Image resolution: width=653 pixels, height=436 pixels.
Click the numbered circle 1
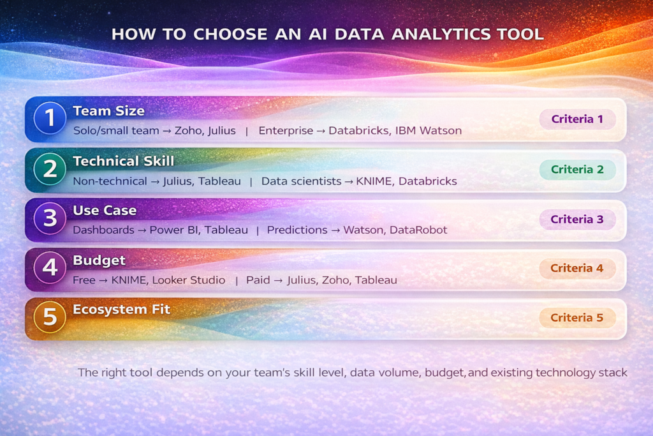(x=50, y=119)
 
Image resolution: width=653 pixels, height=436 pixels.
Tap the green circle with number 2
(x=50, y=169)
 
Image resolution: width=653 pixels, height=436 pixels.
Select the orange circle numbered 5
(x=50, y=318)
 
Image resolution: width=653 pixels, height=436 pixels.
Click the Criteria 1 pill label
(x=577, y=119)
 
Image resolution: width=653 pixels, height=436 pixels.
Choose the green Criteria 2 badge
(x=577, y=169)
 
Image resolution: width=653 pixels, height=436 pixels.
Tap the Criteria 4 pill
(x=577, y=268)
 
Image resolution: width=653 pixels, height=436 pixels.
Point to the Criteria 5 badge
(x=577, y=318)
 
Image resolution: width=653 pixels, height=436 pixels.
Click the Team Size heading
(x=108, y=111)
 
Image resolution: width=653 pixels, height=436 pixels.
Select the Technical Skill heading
(x=123, y=161)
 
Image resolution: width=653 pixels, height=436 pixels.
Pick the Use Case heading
(x=105, y=211)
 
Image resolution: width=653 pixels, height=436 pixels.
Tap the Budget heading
(x=99, y=260)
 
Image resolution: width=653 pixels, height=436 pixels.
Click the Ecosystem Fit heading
(x=121, y=310)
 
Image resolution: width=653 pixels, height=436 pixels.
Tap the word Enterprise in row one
(x=286, y=131)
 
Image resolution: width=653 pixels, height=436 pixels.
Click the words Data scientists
(x=301, y=181)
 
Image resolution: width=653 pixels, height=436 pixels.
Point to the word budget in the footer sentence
(x=448, y=372)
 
